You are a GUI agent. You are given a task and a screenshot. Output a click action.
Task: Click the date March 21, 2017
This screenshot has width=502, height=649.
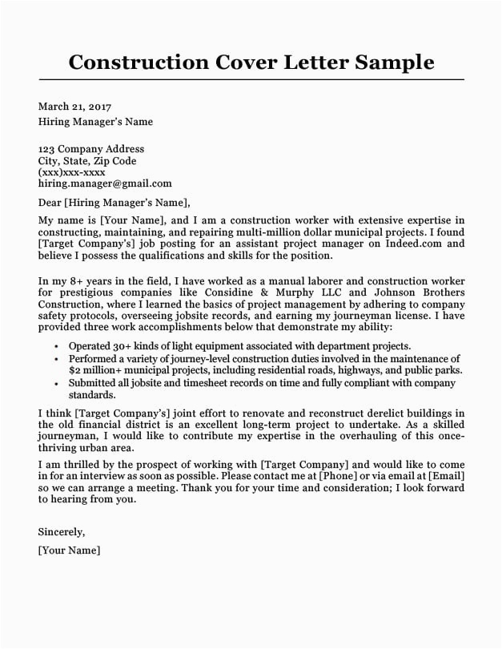(x=74, y=107)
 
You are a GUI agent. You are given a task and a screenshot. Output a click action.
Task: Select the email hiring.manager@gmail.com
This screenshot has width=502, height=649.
(x=105, y=183)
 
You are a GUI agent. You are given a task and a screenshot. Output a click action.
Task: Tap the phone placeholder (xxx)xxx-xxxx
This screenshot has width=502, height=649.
(x=72, y=172)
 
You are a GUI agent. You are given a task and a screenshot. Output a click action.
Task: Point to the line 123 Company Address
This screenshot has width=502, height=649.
(x=91, y=149)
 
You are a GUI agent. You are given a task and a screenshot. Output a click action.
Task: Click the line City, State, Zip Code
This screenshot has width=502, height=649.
(x=87, y=161)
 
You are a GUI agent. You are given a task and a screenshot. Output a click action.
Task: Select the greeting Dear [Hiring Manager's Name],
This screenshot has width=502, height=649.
(x=114, y=203)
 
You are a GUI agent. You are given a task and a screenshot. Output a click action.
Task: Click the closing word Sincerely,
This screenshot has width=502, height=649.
(x=62, y=532)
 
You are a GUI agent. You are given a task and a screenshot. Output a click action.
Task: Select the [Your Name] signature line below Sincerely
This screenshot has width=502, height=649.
(x=69, y=550)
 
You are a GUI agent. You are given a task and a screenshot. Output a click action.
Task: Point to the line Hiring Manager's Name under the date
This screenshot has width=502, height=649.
(x=95, y=123)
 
